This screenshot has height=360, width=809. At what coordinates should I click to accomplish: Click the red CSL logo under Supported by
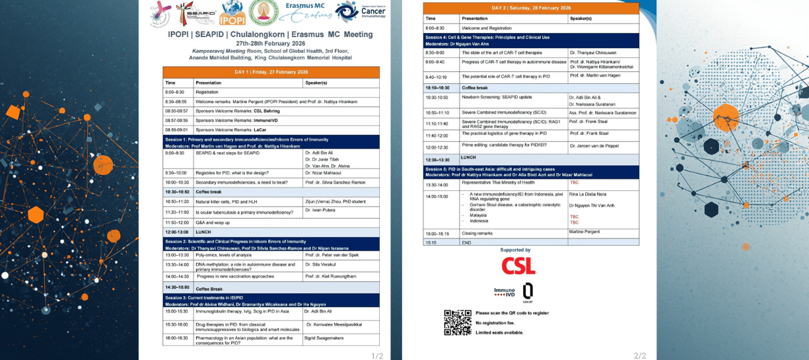[518, 266]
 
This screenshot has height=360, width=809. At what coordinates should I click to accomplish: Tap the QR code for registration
[457, 322]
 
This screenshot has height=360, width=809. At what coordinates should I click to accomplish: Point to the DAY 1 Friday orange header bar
[271, 72]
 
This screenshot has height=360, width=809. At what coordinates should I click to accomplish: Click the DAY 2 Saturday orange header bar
[531, 9]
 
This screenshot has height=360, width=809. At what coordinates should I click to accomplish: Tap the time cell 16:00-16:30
[176, 338]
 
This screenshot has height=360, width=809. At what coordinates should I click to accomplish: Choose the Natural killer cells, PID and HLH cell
[225, 201]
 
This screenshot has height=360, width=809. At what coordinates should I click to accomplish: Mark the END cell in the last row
[466, 242]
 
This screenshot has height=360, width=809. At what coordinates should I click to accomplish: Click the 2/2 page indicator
[640, 356]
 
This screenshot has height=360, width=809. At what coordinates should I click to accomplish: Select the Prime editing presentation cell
[495, 145]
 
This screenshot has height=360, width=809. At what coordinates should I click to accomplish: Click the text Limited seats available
[499, 332]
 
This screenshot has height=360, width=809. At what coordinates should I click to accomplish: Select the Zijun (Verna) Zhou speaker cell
[335, 201]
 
